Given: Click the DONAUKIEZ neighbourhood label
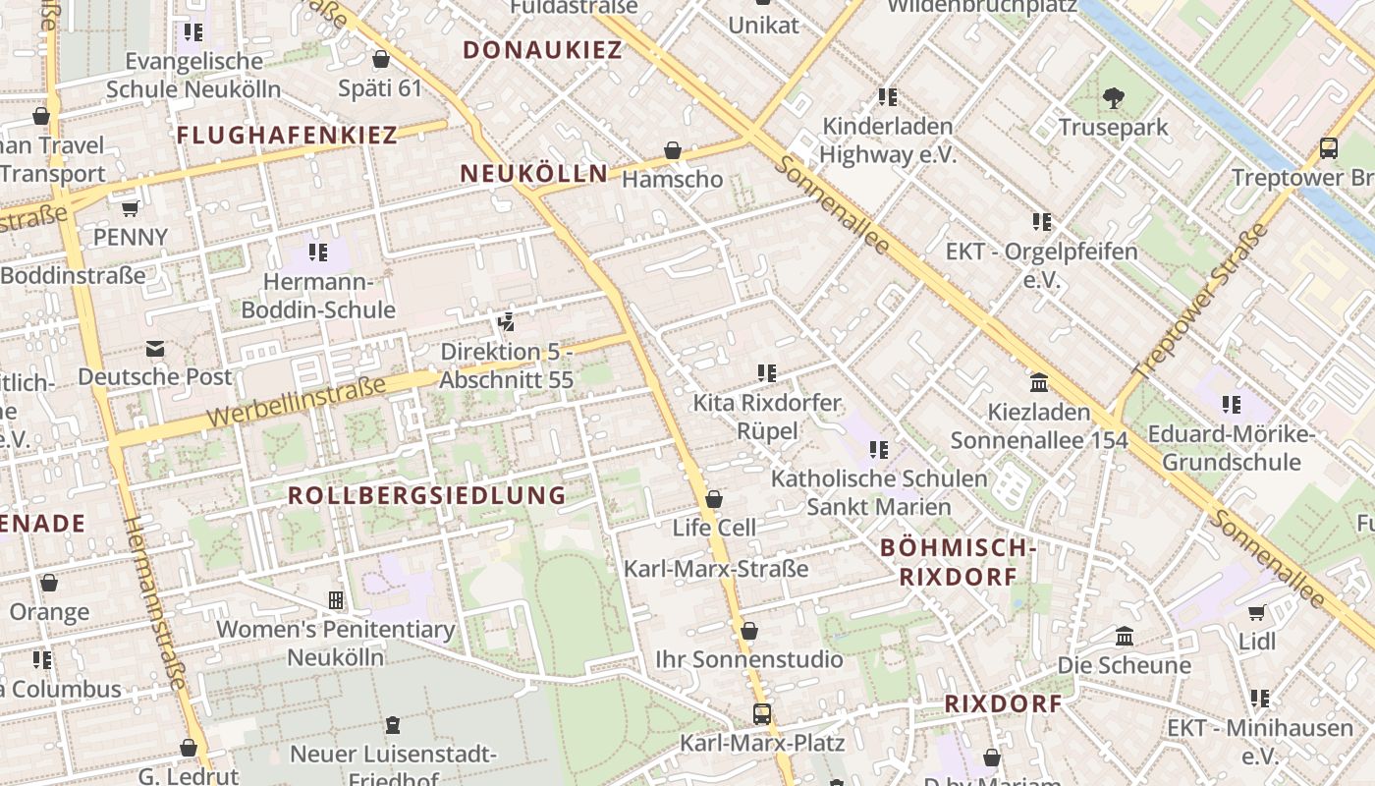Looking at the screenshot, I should pyautogui.click(x=542, y=50).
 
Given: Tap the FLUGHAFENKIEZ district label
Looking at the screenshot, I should pyautogui.click(x=287, y=136).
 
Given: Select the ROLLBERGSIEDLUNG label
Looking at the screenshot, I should pyautogui.click(x=426, y=495).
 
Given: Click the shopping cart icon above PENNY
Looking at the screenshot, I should pyautogui.click(x=130, y=208).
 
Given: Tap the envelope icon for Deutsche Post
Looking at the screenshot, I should pyautogui.click(x=154, y=349).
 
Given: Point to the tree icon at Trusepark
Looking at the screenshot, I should pyautogui.click(x=1113, y=97).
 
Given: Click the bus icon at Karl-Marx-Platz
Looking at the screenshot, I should pyautogui.click(x=761, y=714).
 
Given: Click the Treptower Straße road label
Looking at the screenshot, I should pyautogui.click(x=1199, y=303).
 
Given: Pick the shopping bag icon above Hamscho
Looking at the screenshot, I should pyautogui.click(x=673, y=150).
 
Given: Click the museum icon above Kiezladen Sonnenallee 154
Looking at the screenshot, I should pyautogui.click(x=1038, y=382).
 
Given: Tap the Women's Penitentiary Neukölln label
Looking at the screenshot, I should pyautogui.click(x=335, y=643).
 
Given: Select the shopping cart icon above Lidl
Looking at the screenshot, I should pyautogui.click(x=1256, y=613).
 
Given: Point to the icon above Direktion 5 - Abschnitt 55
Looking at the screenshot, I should pyautogui.click(x=507, y=321).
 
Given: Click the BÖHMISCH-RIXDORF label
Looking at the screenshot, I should pyautogui.click(x=958, y=562).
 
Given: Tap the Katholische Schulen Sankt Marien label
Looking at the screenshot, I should pyautogui.click(x=879, y=492).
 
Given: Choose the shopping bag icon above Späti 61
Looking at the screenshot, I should pyautogui.click(x=381, y=59).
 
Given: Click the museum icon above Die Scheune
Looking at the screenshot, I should pyautogui.click(x=1125, y=637).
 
